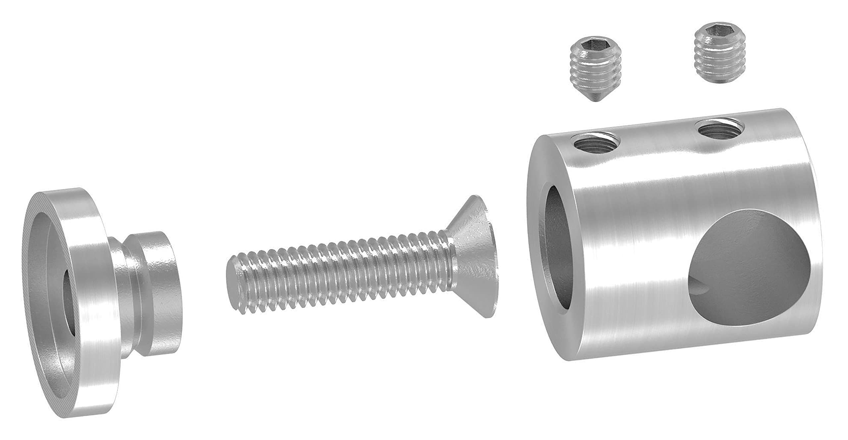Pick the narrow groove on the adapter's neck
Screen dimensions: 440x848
129,292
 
